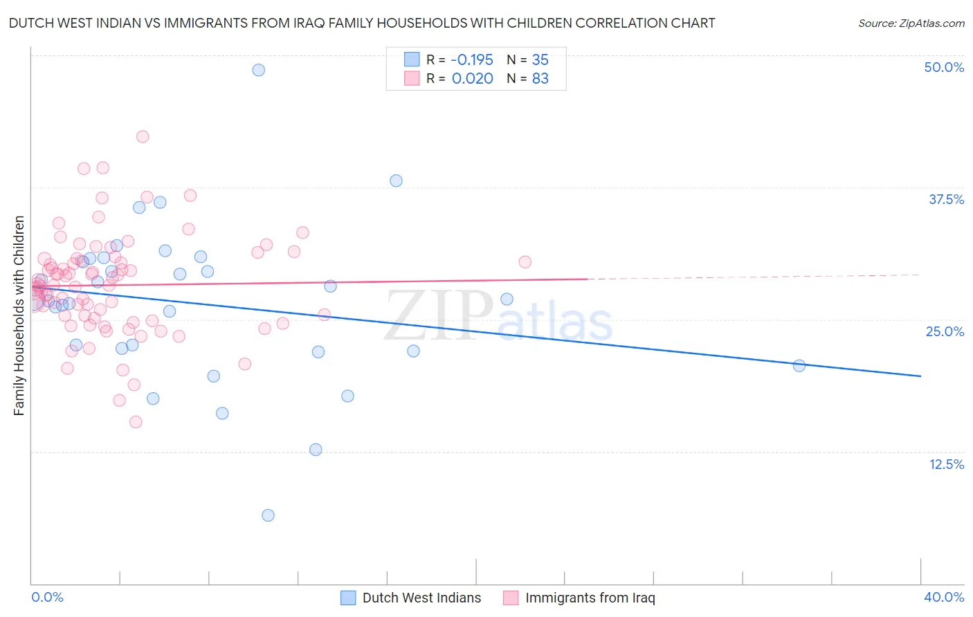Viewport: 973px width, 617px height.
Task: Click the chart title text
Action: pos(361,23)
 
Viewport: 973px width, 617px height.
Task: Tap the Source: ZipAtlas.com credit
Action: pos(911,23)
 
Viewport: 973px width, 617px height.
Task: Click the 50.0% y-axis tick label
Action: pos(944,67)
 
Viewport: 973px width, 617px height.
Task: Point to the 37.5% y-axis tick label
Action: pos(946,199)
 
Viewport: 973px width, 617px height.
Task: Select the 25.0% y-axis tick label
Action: pos(945,331)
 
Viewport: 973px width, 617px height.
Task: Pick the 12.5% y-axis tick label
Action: pos(946,464)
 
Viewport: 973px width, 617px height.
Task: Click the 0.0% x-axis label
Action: pos(47,597)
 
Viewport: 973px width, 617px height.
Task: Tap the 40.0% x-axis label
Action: pos(943,597)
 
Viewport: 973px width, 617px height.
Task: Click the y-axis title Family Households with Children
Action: pos(19,315)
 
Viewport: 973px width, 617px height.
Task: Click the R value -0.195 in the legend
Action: pos(472,59)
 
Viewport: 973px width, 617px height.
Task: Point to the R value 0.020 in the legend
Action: pos(472,78)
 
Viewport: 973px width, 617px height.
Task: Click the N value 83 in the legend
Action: pos(540,78)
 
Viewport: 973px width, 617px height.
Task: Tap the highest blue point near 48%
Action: pos(258,70)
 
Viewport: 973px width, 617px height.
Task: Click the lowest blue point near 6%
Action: pos(268,515)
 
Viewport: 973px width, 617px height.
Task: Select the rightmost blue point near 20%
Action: pos(799,366)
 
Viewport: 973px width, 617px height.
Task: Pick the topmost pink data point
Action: pos(143,136)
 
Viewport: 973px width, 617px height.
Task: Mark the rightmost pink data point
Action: pos(525,261)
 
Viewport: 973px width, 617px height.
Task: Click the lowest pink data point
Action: pos(136,422)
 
